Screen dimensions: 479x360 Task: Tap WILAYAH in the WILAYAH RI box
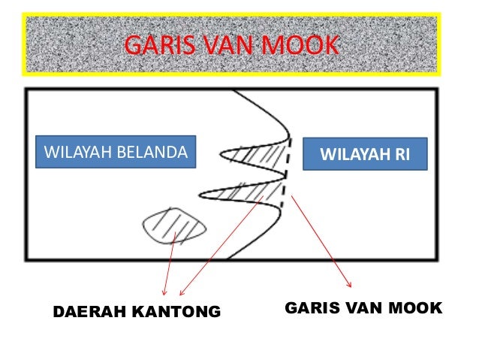pyautogui.click(x=354, y=156)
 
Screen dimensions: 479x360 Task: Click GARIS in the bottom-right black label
pyautogui.click(x=310, y=307)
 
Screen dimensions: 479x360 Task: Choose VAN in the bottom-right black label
pyautogui.click(x=360, y=307)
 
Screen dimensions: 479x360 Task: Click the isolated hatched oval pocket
pyautogui.click(x=174, y=224)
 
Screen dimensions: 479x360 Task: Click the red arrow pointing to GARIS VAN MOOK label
pyautogui.click(x=321, y=241)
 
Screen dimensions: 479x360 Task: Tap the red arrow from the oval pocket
pyautogui.click(x=168, y=263)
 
